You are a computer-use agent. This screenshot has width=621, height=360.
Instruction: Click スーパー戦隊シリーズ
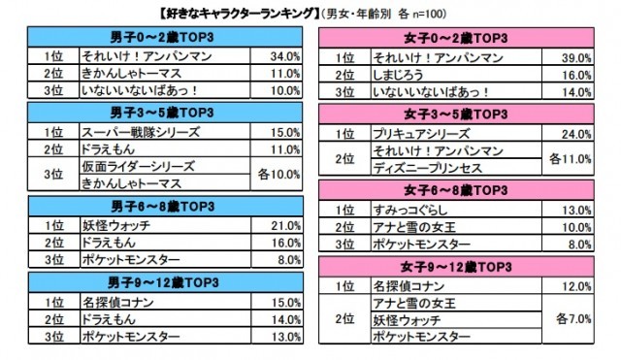point(128,131)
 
